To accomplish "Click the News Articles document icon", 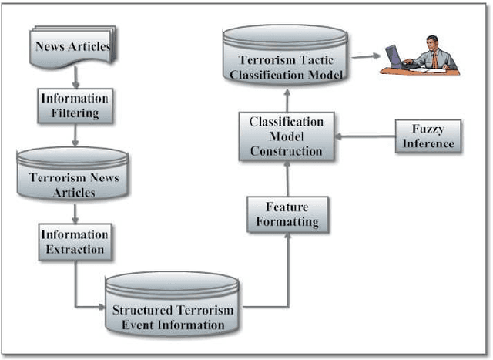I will tap(73, 46).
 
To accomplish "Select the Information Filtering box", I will tap(75, 106).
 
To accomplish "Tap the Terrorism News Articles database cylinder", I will tap(73, 175).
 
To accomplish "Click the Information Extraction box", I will tap(75, 241).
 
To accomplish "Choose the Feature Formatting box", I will tap(287, 215).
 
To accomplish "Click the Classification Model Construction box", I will tap(287, 136).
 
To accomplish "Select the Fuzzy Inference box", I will tap(428, 136).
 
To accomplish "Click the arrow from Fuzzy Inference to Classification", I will tap(366, 136).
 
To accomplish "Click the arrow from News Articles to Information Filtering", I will tap(75, 76).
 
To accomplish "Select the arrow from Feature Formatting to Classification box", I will tap(287, 177).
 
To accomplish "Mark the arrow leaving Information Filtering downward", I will tap(75, 135).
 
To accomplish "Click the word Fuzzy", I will tap(428, 129).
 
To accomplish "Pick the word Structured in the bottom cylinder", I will tap(143, 311).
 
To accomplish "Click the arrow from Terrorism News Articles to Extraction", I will tap(75, 212).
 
